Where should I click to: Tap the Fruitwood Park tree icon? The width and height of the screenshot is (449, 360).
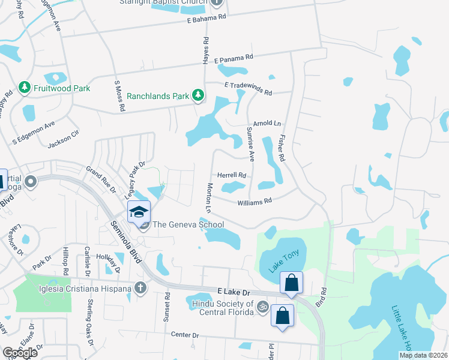[x=25, y=88]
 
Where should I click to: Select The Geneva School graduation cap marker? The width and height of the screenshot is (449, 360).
[x=138, y=212]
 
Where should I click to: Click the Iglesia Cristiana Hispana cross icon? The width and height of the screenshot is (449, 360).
[x=140, y=289]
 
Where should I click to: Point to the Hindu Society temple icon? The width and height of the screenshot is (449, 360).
[x=261, y=307]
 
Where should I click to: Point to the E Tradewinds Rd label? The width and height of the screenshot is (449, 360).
[x=248, y=89]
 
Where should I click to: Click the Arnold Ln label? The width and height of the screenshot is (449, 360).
[x=267, y=123]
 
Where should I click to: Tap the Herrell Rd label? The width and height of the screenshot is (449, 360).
[x=232, y=175]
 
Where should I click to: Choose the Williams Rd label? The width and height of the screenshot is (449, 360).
[x=255, y=202]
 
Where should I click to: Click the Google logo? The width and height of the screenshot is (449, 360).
[x=20, y=352]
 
